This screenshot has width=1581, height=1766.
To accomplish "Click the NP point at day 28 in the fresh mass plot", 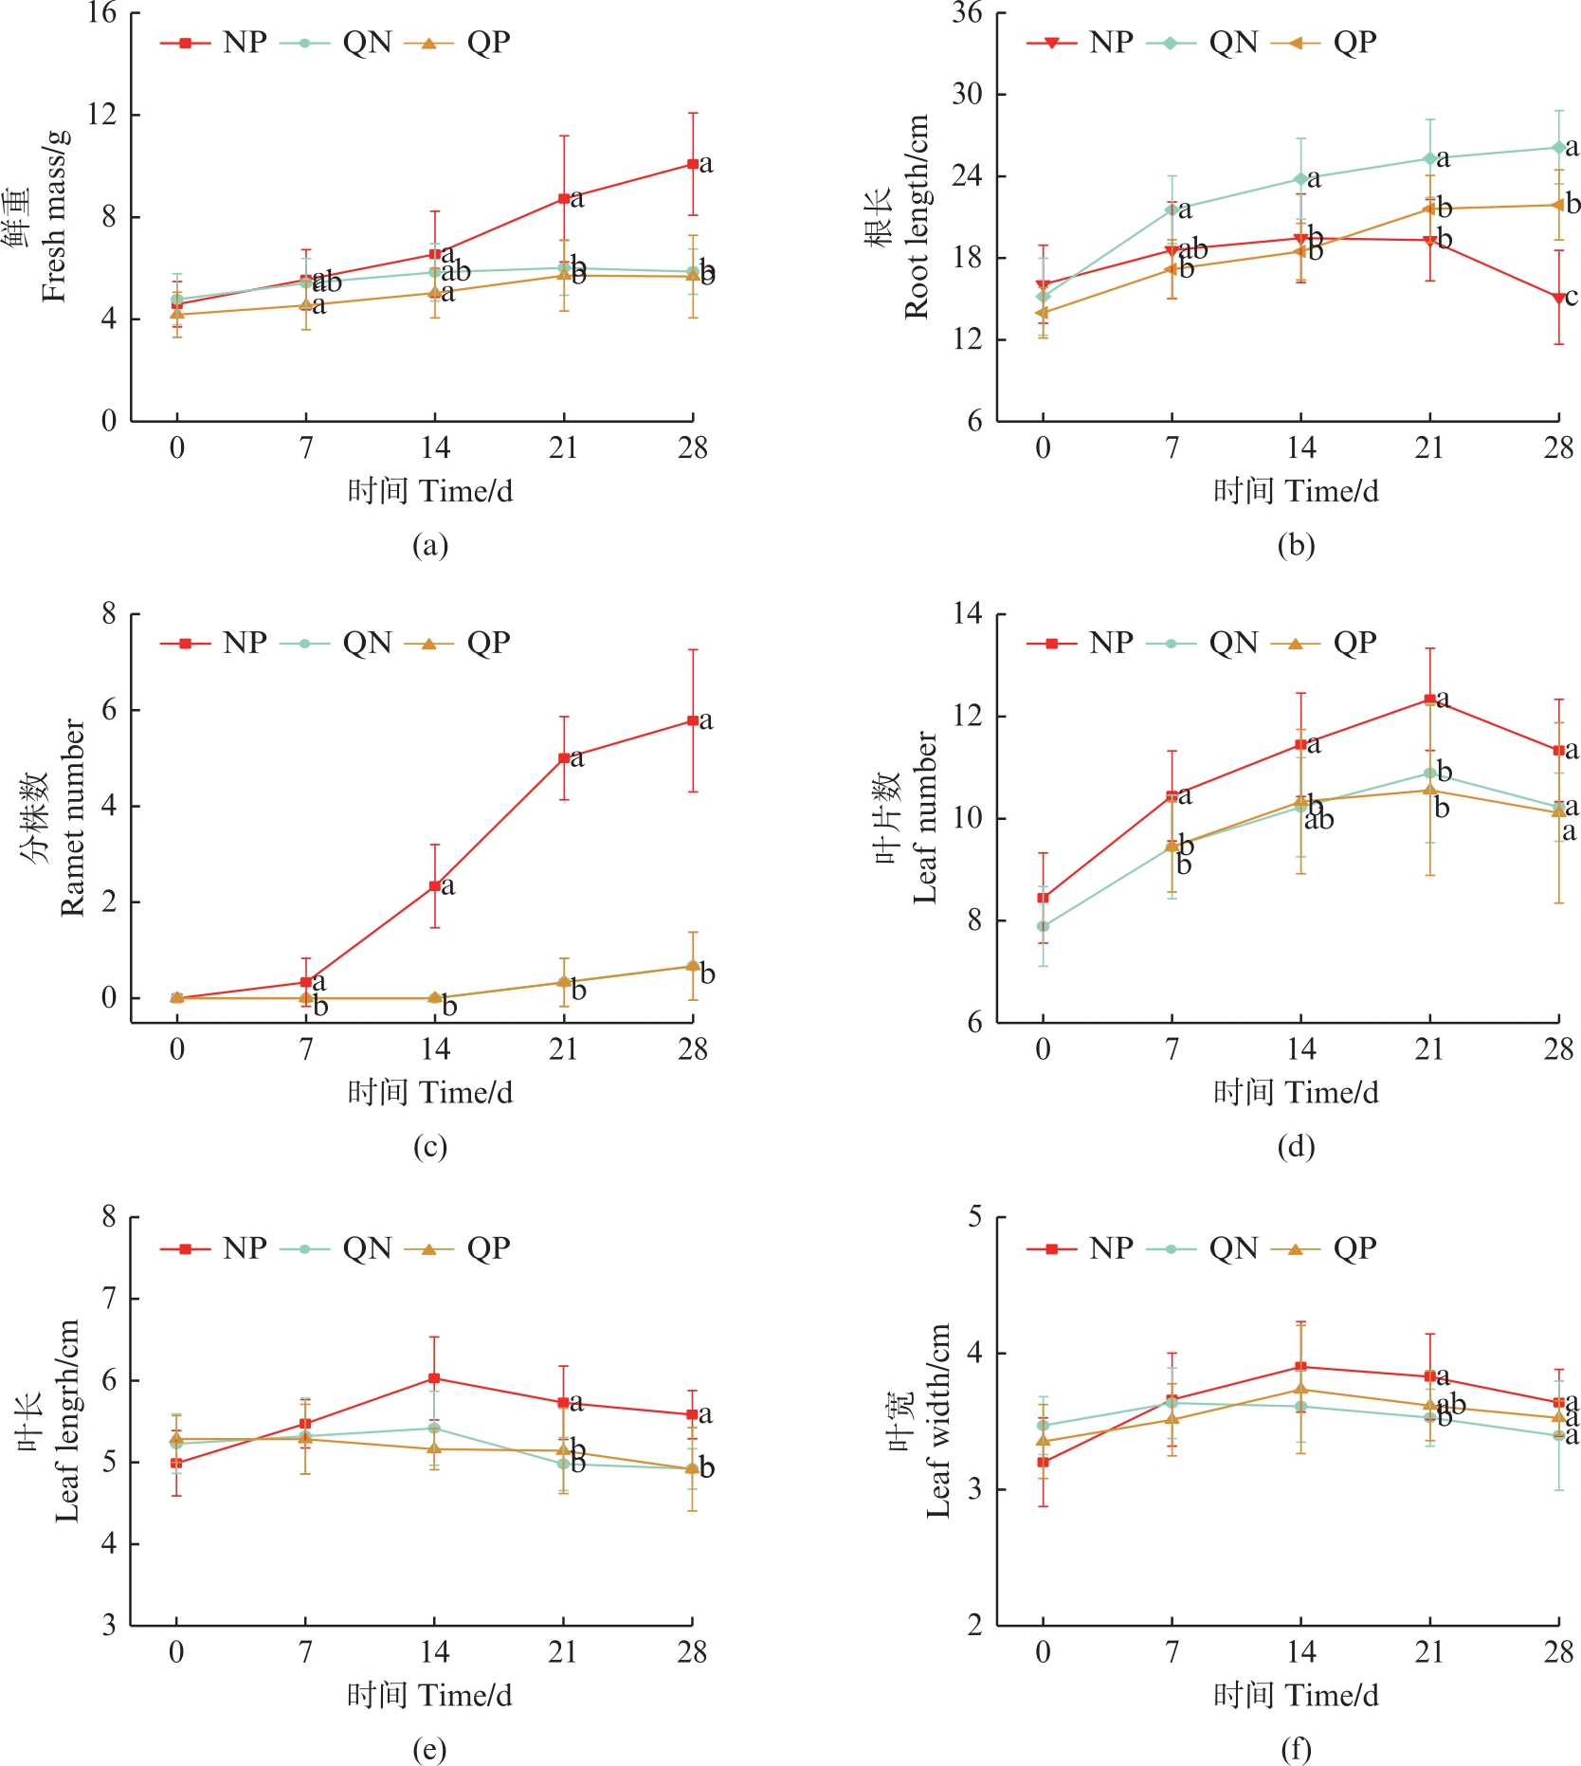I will coord(693,164).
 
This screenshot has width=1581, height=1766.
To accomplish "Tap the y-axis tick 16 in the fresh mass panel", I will coord(101,13).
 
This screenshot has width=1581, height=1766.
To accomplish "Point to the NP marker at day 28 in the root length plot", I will coord(1558,299).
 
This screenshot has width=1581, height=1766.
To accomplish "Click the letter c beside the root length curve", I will coord(1572,297).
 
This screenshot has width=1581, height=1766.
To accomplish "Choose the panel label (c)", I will coord(430,1146).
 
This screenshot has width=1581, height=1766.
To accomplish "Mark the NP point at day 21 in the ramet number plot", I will coord(564,757).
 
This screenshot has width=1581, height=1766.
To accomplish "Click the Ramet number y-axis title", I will coord(72,817).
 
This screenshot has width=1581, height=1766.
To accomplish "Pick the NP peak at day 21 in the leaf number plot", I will coord(1429,699).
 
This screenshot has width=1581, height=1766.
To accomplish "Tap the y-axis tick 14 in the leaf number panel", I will coord(968,614).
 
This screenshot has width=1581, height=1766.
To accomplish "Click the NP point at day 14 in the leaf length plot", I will coord(434,1378).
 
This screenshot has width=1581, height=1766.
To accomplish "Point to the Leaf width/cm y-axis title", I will coord(938,1420).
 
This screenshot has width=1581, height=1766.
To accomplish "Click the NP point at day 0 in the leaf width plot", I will coord(1043,1462).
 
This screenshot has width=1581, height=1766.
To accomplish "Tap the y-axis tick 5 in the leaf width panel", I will coord(975,1217).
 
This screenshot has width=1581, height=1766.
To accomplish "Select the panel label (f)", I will coord(1296,1749).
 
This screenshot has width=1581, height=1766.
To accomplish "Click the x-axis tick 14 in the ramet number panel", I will coord(435,1049).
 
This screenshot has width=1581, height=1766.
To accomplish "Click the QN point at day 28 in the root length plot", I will coord(1558,147).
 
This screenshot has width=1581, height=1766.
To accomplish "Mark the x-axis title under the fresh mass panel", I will coord(430,491).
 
